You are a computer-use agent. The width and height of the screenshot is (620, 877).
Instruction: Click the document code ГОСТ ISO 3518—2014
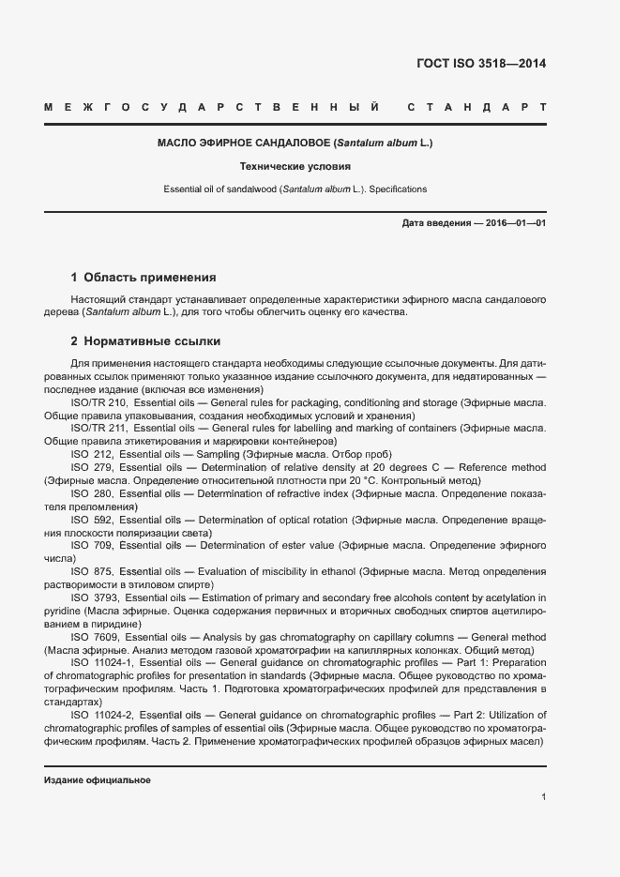(x=480, y=64)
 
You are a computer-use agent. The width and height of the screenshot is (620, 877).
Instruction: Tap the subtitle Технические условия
(x=295, y=166)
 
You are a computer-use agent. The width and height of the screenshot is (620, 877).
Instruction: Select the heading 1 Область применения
(x=144, y=278)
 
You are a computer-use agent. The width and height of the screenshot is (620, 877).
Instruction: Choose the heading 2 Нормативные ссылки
(x=145, y=341)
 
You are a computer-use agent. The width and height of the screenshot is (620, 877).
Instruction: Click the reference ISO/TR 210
(x=98, y=402)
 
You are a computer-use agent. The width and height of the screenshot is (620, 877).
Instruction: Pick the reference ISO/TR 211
(x=98, y=428)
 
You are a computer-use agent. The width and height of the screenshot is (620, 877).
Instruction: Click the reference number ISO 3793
(x=95, y=597)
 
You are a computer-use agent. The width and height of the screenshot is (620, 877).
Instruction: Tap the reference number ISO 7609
(x=95, y=637)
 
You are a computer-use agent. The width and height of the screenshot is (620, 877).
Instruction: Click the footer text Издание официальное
(x=98, y=780)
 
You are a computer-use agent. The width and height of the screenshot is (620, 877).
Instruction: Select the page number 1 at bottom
(x=543, y=797)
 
